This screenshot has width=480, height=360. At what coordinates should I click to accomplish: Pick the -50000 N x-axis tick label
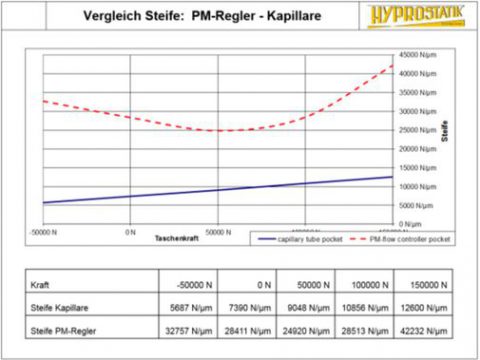[44, 232]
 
